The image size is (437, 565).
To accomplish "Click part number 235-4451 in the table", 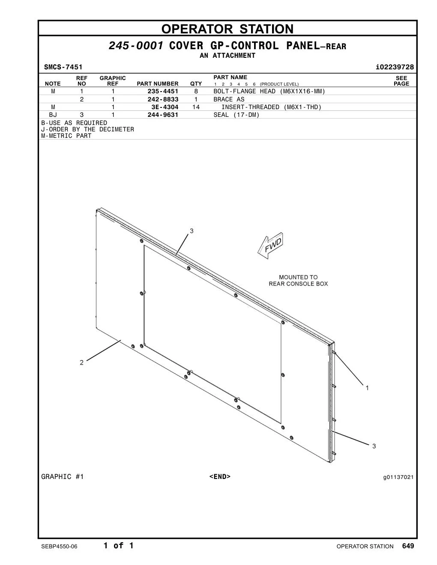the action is tap(163, 91).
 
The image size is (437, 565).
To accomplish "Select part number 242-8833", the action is tap(163, 99).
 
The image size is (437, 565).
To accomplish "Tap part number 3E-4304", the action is tap(165, 107).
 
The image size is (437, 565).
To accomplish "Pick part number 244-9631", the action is tap(163, 115).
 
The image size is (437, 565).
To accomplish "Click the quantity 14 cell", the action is tap(196, 107).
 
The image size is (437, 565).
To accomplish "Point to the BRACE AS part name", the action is tap(229, 99).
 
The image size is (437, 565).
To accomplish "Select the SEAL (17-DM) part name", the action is tap(236, 115).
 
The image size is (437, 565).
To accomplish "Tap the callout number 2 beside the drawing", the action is tap(82, 363).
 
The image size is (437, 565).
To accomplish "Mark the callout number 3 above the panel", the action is tap(192, 231).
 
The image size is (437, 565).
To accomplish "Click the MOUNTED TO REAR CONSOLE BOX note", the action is tap(298, 280).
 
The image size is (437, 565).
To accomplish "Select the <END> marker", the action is tap(220, 476).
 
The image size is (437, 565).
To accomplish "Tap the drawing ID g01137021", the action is tap(398, 477).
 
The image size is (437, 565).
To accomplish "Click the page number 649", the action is tap(408, 546).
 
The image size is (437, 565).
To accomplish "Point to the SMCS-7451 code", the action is tap(63, 67).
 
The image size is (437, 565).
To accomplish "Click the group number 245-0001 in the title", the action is tap(136, 46).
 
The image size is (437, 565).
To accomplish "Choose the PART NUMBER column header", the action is tap(158, 84).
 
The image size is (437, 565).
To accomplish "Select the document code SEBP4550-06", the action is tap(60, 547).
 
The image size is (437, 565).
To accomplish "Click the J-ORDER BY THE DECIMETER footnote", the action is tap(88, 129).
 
